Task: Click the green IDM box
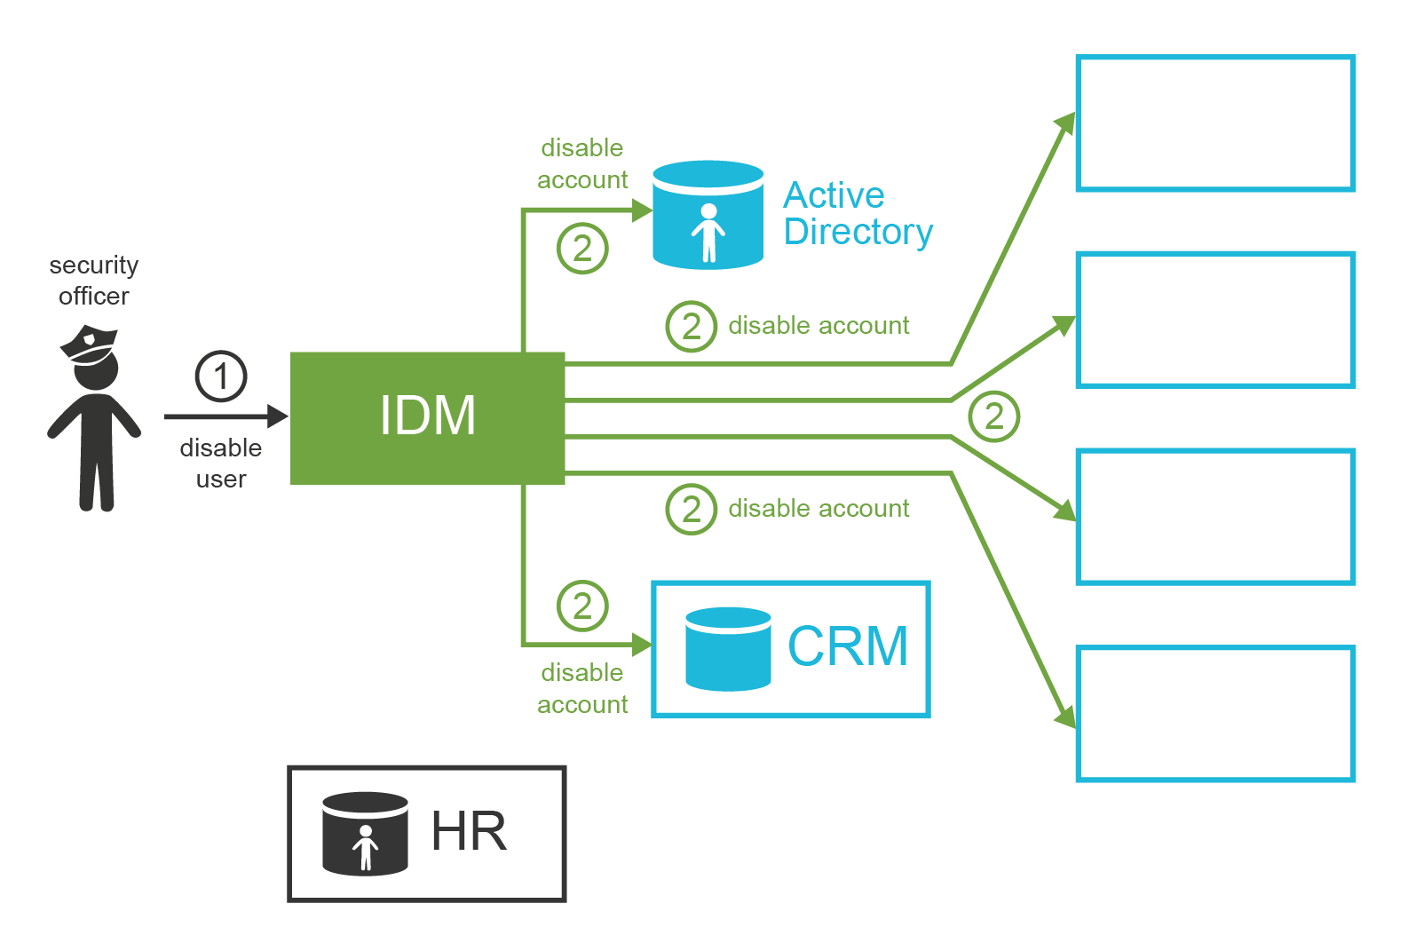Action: coord(427,417)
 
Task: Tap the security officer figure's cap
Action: coord(90,344)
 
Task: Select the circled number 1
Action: coord(221,376)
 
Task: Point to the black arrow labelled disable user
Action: coord(225,416)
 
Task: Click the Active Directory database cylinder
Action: coord(708,215)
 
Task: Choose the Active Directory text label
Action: coord(858,213)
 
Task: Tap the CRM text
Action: coord(848,646)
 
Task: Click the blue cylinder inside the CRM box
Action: coord(728,649)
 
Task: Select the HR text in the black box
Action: coord(469,832)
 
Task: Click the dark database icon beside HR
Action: coord(365,834)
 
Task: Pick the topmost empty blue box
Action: coord(1215,123)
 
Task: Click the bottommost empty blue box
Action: coord(1215,714)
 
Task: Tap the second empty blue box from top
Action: coord(1215,321)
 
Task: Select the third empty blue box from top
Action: coord(1215,517)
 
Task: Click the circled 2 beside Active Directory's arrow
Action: coord(582,249)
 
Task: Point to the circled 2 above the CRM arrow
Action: coord(582,606)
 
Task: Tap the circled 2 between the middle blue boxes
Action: coord(993,416)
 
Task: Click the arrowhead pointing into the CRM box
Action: coord(642,644)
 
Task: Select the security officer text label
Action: coord(94,281)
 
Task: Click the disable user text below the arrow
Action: coord(221,464)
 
